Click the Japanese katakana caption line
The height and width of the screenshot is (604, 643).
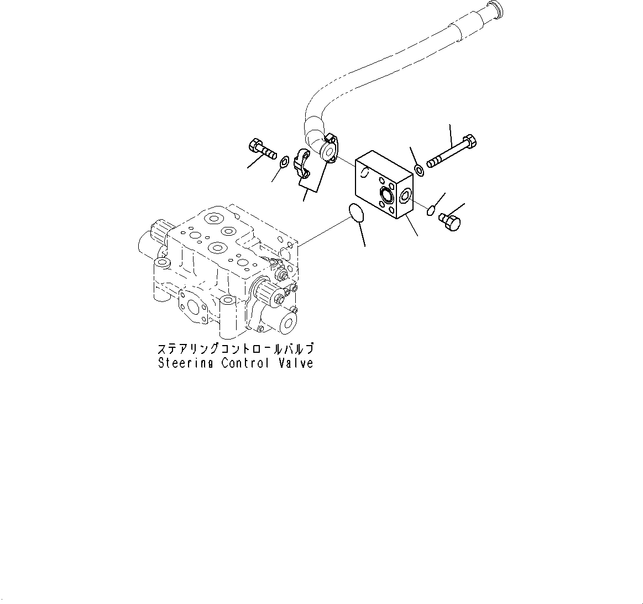tap(236, 349)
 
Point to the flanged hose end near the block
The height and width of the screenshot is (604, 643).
tap(328, 148)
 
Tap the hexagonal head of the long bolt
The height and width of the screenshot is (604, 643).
tap(471, 142)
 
